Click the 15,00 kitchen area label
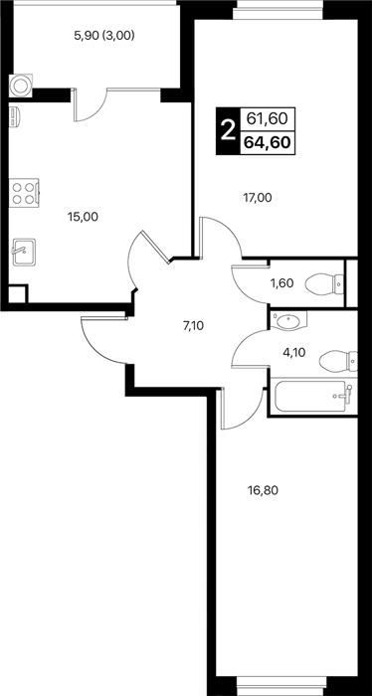pos(83,217)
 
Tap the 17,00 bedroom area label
pos(258,198)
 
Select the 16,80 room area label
pos(263,490)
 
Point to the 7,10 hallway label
pos(193,327)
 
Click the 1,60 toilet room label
pos(281,282)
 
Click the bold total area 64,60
pos(268,143)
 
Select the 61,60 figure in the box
pos(268,119)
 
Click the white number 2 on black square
pos(228,131)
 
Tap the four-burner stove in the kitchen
pos(24,193)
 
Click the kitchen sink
pos(24,253)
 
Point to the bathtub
pos(313,396)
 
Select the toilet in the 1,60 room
pos(325,283)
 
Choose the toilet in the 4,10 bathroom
pos(338,360)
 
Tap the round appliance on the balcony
pos(21,86)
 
